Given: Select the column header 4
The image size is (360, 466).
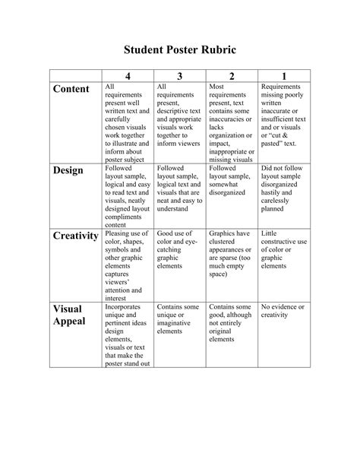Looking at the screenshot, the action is pyautogui.click(x=127, y=76).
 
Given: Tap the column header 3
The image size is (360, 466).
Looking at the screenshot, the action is pyautogui.click(x=179, y=76).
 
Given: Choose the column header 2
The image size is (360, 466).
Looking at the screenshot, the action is pyautogui.click(x=232, y=76).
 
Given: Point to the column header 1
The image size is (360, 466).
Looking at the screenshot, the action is pyautogui.click(x=283, y=76).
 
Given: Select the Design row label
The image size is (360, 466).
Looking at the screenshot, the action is pyautogui.click(x=68, y=170).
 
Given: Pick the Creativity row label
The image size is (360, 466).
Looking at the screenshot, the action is pyautogui.click(x=76, y=236).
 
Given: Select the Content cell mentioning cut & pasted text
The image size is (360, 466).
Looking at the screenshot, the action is pyautogui.click(x=283, y=114).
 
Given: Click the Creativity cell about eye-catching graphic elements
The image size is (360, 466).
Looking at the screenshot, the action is pyautogui.click(x=179, y=251).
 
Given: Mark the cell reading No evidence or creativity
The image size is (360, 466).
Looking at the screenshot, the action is pyautogui.click(x=283, y=311).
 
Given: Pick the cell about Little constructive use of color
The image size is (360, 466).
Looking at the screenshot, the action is pyautogui.click(x=283, y=251).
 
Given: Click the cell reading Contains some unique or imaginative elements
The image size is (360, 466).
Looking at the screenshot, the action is pyautogui.click(x=179, y=319).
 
